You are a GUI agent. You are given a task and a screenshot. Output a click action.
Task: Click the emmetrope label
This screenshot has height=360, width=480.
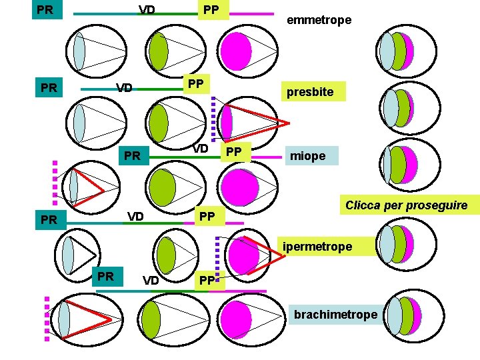point(319,21)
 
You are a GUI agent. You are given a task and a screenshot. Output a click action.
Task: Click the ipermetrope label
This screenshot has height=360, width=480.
point(317,247)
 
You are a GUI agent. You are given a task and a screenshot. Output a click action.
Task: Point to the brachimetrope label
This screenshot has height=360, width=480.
point(335,314)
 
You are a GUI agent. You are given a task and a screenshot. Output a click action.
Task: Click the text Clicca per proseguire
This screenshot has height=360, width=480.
point(411,205)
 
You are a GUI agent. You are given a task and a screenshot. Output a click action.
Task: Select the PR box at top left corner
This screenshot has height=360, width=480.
point(46,9)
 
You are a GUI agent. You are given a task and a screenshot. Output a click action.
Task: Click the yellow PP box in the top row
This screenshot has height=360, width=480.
point(211,10)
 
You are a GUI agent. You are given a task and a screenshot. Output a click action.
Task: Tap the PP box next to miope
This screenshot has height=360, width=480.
point(233,152)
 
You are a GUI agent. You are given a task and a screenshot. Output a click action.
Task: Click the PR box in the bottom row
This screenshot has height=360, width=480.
point(105,276)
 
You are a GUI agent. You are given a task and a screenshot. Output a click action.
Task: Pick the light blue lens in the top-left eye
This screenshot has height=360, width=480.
point(79,51)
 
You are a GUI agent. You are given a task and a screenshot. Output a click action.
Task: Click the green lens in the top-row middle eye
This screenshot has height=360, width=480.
point(159,51)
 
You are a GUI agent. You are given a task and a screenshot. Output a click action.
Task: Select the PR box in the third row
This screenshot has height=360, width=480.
point(133,156)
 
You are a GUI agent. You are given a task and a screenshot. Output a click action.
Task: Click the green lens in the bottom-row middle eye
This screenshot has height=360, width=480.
point(152,318)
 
